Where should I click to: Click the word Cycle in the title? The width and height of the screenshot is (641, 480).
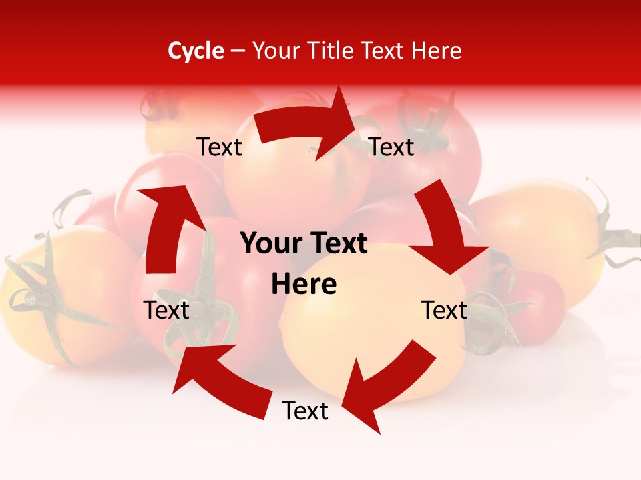(196, 51)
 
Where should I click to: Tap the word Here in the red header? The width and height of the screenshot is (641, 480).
(436, 51)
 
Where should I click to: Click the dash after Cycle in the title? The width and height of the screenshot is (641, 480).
(238, 51)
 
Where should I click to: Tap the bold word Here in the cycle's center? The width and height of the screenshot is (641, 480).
(304, 285)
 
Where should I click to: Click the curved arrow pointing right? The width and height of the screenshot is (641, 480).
(307, 125)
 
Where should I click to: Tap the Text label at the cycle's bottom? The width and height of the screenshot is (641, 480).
(305, 411)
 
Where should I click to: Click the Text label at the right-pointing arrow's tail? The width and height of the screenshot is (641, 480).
(219, 147)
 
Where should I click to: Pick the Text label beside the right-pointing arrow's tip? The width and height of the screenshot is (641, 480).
(391, 147)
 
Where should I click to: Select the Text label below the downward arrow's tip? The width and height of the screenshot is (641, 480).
(444, 310)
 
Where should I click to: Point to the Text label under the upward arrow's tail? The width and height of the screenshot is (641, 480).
(166, 310)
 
